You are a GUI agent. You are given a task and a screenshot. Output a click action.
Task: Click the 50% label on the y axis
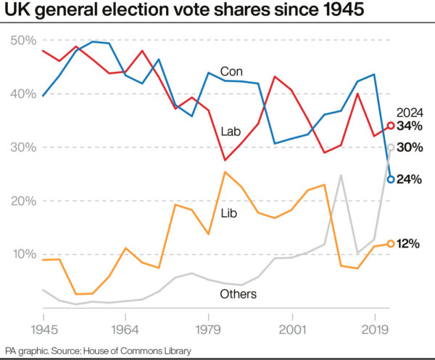point(23,41)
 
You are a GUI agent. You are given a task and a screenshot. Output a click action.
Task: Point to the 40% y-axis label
point(23,94)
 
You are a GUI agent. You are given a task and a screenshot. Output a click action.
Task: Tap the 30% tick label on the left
point(23,147)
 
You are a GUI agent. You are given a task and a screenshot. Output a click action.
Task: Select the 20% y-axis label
point(24,201)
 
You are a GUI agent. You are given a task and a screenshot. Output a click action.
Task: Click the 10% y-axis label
point(25,254)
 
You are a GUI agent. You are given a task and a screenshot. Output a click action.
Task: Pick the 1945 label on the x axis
point(44,330)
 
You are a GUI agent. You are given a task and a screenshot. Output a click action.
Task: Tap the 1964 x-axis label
point(125,330)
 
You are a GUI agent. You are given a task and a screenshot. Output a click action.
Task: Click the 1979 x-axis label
point(208,330)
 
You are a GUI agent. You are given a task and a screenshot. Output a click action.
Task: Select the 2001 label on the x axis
point(292,330)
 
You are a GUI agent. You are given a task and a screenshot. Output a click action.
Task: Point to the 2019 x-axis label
point(375,330)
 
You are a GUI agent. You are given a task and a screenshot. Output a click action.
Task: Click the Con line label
point(231,72)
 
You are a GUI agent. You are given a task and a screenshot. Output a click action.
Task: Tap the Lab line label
point(231,131)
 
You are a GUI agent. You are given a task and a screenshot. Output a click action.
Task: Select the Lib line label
point(229,213)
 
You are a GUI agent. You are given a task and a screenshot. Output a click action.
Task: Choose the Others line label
point(239,294)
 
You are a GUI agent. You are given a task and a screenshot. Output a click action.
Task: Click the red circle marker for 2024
point(391,126)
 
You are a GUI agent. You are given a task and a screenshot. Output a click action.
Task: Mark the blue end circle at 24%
point(391,179)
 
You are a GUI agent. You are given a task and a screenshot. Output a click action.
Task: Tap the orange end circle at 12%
point(391,244)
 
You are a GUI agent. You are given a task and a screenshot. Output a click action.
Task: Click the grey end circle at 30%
point(391,147)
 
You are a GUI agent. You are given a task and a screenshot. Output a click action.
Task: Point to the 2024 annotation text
point(410,112)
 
